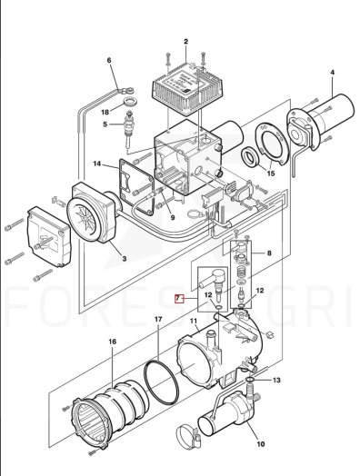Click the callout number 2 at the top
click(185, 42)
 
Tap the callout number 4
click(333, 73)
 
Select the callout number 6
click(109, 61)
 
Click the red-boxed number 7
click(179, 299)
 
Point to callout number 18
click(105, 113)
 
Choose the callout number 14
click(97, 164)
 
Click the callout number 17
click(158, 319)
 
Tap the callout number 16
click(112, 342)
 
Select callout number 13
click(276, 380)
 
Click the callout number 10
click(261, 444)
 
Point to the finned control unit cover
click(187, 89)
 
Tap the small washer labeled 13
click(249, 380)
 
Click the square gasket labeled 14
click(136, 186)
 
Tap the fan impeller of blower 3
click(85, 215)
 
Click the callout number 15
click(270, 174)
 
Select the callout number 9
click(173, 218)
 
